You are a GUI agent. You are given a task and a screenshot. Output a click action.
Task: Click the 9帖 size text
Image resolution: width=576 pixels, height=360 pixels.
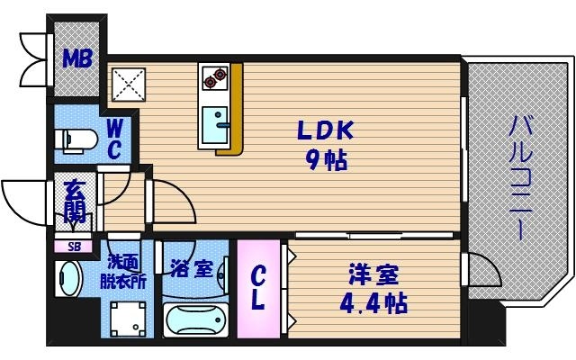(325, 162)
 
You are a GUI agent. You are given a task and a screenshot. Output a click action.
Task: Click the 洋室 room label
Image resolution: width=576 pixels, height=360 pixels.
(372, 272)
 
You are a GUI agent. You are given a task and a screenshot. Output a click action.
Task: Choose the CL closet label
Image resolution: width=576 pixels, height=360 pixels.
(258, 288)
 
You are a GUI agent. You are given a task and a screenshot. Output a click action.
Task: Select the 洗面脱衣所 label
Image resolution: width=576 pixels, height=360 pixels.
(122, 270)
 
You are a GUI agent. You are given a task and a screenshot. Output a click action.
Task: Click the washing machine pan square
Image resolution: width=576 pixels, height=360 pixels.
(128, 317)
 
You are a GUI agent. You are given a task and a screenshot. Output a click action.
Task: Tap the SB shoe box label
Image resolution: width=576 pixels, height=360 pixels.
(69, 246)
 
